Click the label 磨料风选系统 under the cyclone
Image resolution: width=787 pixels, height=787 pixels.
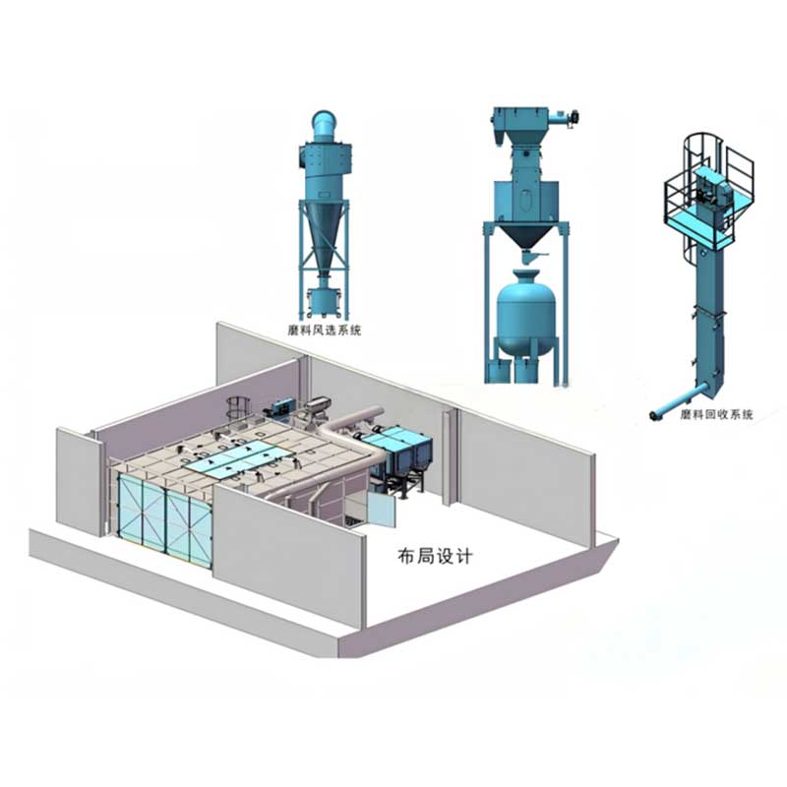(x=325, y=330)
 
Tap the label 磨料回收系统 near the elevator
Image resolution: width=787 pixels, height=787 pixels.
(x=717, y=414)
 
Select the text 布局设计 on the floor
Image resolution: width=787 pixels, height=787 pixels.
(x=435, y=556)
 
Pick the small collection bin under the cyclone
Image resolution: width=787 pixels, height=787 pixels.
(x=324, y=302)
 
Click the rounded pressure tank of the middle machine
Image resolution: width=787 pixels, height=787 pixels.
(x=525, y=313)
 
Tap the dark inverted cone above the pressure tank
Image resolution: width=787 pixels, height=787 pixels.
(x=525, y=235)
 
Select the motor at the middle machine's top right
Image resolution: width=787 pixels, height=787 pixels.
(x=571, y=117)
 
